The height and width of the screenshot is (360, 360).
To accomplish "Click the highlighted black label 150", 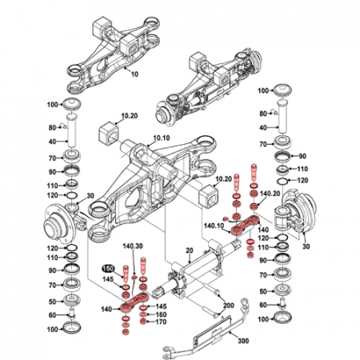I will [x=107, y=268].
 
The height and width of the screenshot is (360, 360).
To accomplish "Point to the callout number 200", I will [x=227, y=306].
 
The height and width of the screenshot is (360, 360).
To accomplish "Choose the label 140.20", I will [x=271, y=193].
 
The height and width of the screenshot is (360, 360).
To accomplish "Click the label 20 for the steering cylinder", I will [x=190, y=250].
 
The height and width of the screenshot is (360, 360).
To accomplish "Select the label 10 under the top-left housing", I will [x=134, y=73].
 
